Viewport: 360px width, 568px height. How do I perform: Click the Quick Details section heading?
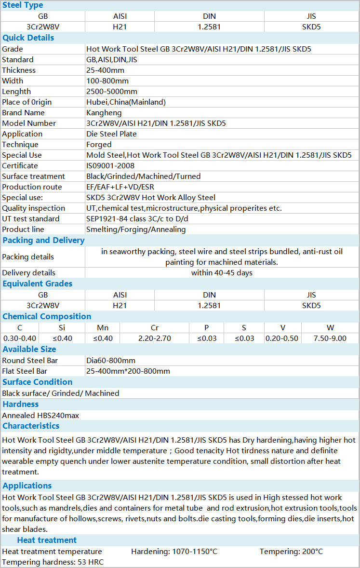[x=28, y=38]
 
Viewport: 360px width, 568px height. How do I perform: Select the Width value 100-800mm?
[x=107, y=81]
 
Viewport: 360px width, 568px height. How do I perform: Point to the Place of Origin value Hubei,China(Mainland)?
[x=126, y=102]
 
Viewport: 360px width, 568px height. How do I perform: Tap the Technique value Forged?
[x=99, y=144]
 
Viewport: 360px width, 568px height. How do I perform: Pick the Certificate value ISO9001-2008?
[x=111, y=165]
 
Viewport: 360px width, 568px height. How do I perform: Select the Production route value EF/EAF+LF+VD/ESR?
[x=120, y=187]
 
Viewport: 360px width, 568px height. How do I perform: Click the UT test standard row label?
[x=31, y=218]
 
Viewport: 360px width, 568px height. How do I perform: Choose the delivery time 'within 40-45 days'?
[x=222, y=272]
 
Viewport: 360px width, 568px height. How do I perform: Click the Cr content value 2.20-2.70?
[x=154, y=338]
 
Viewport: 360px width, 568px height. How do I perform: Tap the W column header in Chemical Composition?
[x=330, y=327]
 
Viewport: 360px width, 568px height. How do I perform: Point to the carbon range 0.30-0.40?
[x=20, y=338]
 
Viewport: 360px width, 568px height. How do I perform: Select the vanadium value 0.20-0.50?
[x=282, y=338]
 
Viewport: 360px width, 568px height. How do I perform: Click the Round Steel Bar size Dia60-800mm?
[x=110, y=360]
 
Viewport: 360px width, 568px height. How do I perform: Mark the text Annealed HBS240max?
[x=40, y=415]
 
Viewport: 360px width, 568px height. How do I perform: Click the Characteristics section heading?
[x=31, y=426]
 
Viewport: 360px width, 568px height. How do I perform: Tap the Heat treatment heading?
[x=47, y=540]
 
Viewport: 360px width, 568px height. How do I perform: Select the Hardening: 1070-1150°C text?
[x=174, y=551]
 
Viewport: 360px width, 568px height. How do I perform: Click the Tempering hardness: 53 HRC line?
[x=53, y=562]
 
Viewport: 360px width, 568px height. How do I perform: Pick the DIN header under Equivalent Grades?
[x=209, y=295]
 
